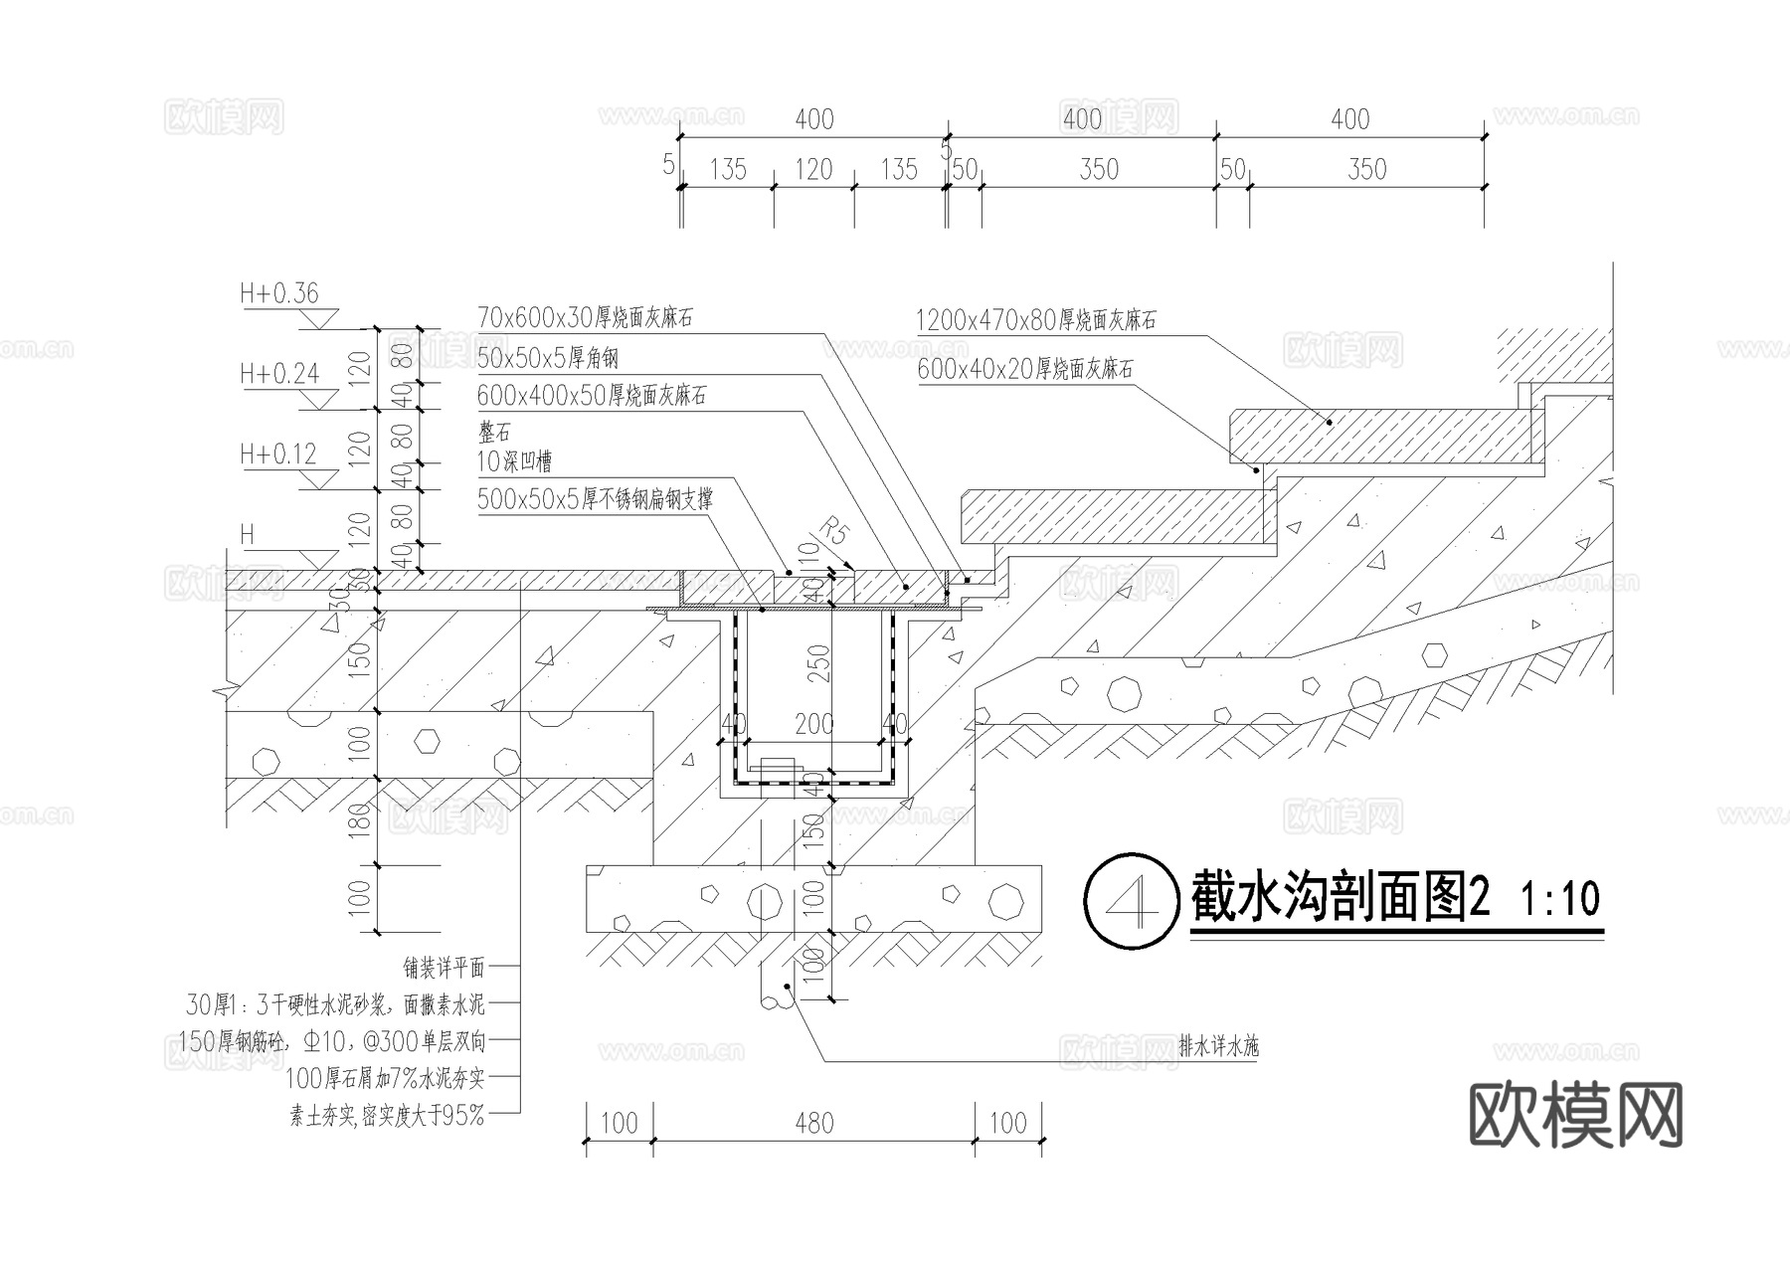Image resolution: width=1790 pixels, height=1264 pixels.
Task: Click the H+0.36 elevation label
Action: click(278, 293)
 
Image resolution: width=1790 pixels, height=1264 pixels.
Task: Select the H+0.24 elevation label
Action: click(278, 374)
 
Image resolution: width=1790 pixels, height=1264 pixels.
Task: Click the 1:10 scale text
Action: click(1560, 900)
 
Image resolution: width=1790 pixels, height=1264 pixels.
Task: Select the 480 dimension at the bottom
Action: click(813, 1124)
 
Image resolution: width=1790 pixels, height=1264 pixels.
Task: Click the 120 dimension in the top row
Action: click(812, 170)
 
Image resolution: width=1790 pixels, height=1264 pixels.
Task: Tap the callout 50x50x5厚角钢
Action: click(548, 357)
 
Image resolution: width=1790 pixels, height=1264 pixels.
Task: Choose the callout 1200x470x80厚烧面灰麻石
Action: click(1035, 320)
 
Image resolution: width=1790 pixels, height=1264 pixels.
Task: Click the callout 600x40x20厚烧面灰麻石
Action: click(1024, 369)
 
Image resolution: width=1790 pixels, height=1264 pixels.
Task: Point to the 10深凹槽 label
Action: click(514, 461)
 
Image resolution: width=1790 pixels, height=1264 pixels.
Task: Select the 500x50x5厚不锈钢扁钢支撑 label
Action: click(595, 498)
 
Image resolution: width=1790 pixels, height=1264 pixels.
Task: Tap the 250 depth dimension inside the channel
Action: click(817, 661)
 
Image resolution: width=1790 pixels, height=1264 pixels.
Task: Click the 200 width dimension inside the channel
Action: click(813, 724)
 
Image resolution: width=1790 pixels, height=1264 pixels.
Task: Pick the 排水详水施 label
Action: click(1218, 1046)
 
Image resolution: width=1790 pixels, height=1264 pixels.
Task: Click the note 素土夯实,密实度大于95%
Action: click(387, 1116)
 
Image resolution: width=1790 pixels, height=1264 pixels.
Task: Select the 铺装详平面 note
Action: click(444, 967)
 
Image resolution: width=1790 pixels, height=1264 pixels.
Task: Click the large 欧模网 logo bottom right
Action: click(1575, 1115)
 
